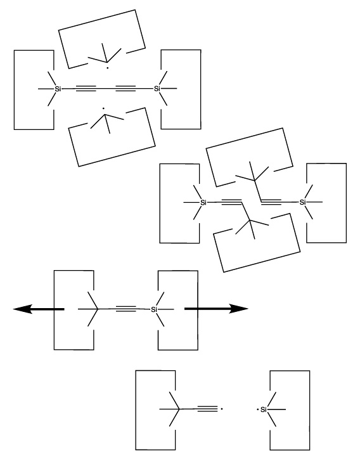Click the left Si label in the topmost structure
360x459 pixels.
[58, 88]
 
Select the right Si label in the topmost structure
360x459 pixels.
[157, 88]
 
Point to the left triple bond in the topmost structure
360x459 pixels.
[86, 88]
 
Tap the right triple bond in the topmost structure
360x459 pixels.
[125, 88]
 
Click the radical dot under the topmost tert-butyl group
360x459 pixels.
[108, 68]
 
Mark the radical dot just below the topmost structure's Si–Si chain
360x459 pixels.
[103, 108]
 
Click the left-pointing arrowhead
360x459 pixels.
[23, 309]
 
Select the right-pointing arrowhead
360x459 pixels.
[238, 309]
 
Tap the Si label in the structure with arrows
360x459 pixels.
[154, 309]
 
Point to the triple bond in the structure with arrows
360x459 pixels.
[126, 309]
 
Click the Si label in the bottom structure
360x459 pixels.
[264, 410]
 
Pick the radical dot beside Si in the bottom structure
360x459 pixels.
[257, 410]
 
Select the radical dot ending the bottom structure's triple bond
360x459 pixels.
[222, 409]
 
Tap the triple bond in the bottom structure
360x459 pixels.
[207, 409]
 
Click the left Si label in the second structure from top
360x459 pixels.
[203, 202]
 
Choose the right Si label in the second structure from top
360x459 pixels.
[302, 202]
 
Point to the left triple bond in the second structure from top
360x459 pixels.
[231, 202]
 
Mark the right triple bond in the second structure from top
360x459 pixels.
[271, 202]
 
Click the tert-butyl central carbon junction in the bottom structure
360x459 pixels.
[179, 409]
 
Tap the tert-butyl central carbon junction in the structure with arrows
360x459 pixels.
[98, 309]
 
